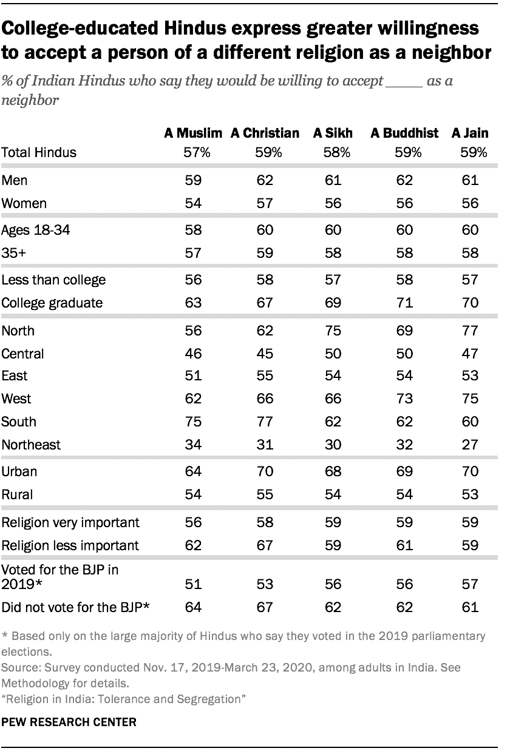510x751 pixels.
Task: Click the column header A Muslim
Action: coord(193,133)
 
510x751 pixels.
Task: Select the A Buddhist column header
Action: coord(404,133)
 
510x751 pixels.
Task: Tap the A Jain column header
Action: coord(470,133)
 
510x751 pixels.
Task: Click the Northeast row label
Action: coord(31,445)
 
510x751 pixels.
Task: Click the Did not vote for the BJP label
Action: coord(76,607)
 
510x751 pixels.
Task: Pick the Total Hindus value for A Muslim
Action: coord(197,153)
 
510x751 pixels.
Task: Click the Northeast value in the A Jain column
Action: coord(470,445)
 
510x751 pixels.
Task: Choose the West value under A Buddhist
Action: coord(404,399)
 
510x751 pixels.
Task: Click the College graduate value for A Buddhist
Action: coord(404,303)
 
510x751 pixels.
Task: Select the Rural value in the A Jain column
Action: coord(470,494)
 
